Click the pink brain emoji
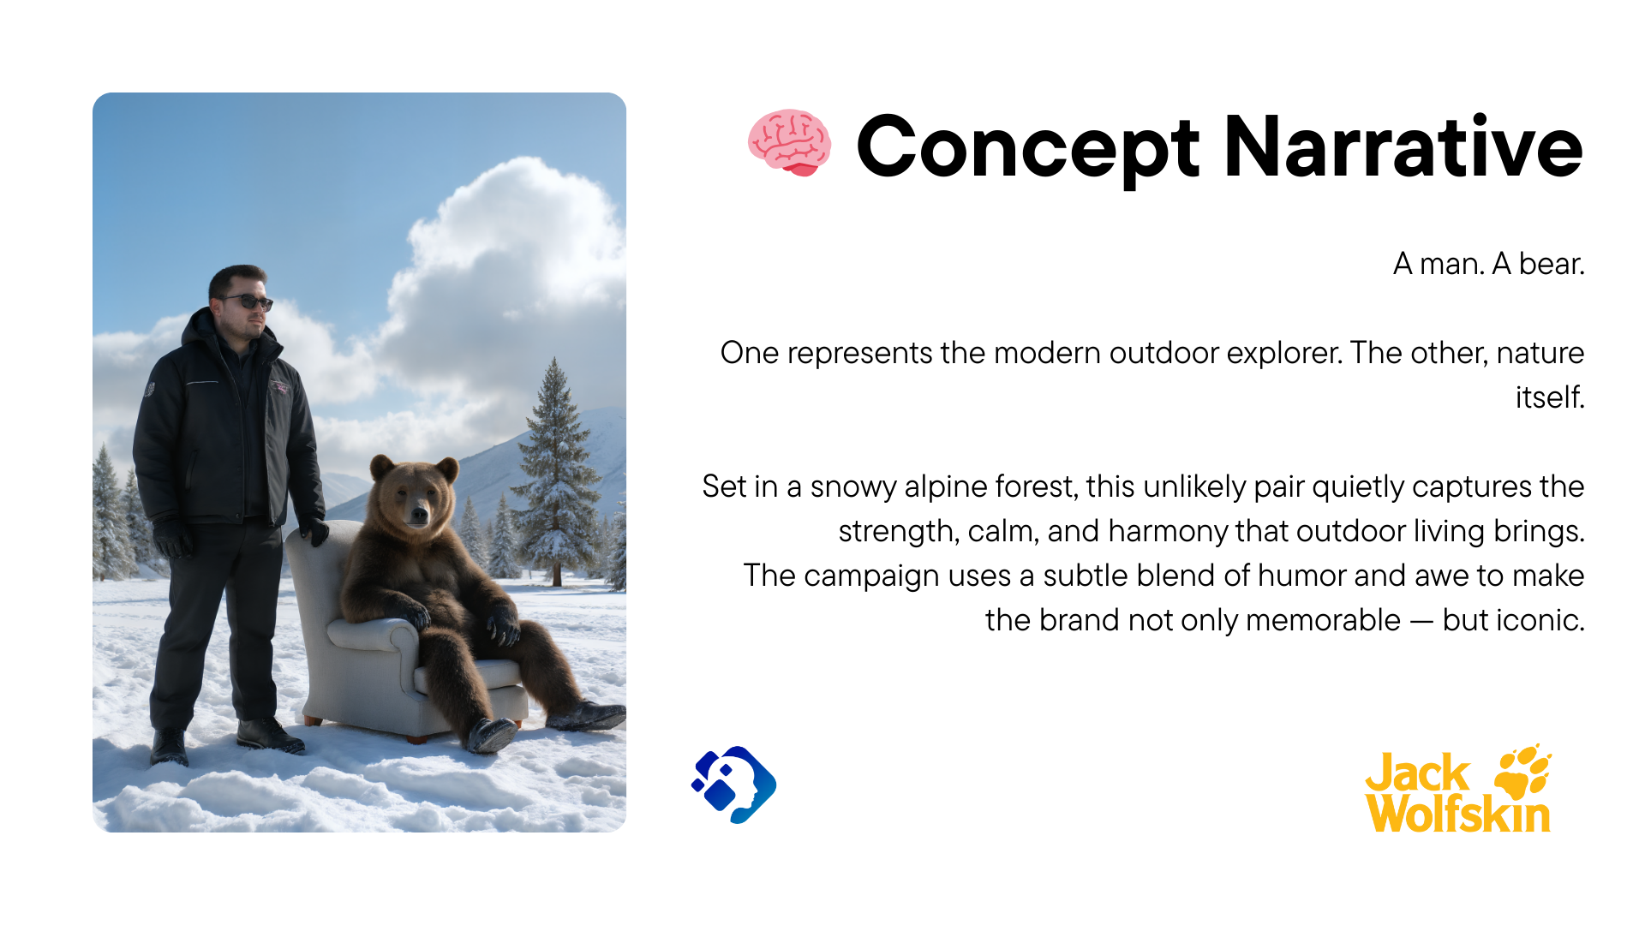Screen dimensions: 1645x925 (x=789, y=143)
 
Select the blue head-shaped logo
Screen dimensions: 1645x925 (x=734, y=785)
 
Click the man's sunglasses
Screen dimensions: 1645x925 (x=246, y=301)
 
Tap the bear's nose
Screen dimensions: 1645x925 (x=418, y=514)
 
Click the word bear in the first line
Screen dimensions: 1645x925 (x=1552, y=264)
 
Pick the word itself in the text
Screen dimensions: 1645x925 (x=1550, y=397)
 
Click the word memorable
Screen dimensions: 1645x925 (x=1323, y=620)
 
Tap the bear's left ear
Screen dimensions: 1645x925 (x=382, y=468)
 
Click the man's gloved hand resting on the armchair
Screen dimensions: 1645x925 (x=314, y=530)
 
